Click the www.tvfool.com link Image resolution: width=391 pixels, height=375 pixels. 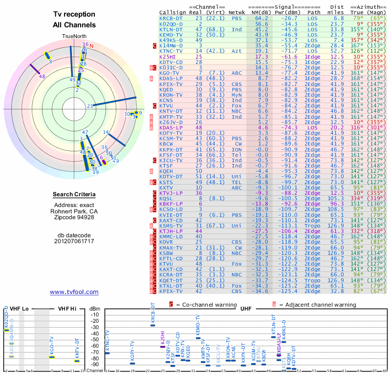[74, 292]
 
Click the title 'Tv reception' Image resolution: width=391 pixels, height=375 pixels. [74, 15]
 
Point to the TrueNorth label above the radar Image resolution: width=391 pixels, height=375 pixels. [74, 37]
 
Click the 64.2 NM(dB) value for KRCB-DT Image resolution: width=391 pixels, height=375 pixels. [258, 18]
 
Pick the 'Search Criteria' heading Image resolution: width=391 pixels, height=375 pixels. [74, 195]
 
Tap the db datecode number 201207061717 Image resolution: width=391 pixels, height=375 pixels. [74, 241]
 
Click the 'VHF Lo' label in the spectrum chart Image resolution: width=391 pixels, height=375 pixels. [19, 309]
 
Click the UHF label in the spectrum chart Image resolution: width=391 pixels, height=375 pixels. [247, 309]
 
